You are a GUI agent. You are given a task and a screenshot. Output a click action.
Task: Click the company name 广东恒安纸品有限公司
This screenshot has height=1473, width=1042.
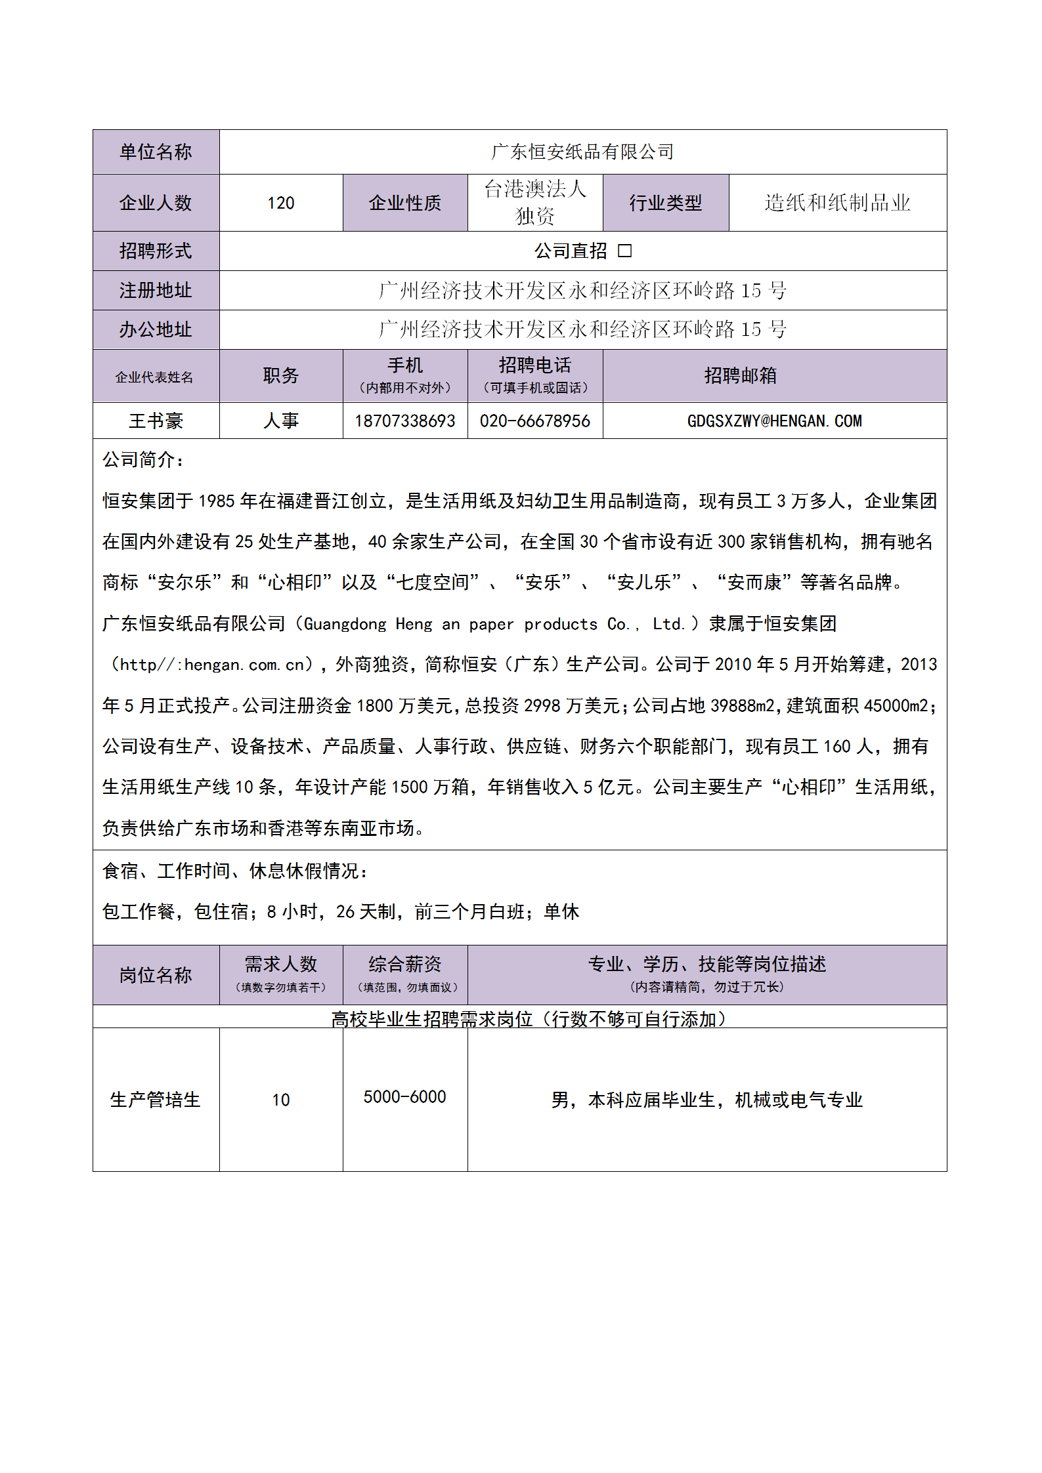pos(582,152)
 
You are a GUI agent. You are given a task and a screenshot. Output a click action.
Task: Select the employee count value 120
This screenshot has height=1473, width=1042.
pos(280,203)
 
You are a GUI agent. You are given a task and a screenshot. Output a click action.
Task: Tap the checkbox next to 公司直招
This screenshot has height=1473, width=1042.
pos(624,251)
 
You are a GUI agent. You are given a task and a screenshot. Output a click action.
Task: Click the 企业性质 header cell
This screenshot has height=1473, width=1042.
pos(404,203)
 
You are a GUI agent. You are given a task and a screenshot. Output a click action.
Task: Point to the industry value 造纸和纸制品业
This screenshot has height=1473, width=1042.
pos(837,203)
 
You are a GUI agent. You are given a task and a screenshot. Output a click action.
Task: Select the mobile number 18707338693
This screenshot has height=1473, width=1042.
pos(404,421)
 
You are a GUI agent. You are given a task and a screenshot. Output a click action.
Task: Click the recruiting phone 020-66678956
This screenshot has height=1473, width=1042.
pos(534,421)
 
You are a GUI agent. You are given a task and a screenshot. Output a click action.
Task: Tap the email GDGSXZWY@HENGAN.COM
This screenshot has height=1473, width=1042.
pos(774,421)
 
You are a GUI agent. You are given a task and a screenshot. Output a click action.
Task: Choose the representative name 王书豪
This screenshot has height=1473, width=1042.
pos(156,421)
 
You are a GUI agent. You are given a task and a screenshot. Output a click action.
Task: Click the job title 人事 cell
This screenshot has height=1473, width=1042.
pos(280,421)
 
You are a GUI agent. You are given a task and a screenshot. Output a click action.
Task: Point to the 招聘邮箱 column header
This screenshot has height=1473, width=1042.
pos(740,376)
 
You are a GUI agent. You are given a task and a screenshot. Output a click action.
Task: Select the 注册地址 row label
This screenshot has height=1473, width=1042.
pos(156,291)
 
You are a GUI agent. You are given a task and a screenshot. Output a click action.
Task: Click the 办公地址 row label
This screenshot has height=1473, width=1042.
pos(156,329)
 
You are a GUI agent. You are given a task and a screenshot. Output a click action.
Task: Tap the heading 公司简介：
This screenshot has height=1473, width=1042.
pos(143,460)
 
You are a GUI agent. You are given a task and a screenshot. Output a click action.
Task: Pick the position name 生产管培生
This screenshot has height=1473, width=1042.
pos(156,1100)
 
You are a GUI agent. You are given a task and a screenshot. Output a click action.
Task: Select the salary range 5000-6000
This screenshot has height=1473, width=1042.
pos(404,1097)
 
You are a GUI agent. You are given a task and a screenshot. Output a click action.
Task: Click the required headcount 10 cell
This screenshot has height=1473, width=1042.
pos(280,1100)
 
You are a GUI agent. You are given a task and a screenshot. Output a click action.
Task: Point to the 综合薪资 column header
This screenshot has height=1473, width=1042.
pos(404,965)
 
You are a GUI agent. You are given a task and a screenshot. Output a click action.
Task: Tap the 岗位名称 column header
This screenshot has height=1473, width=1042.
pos(156,976)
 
